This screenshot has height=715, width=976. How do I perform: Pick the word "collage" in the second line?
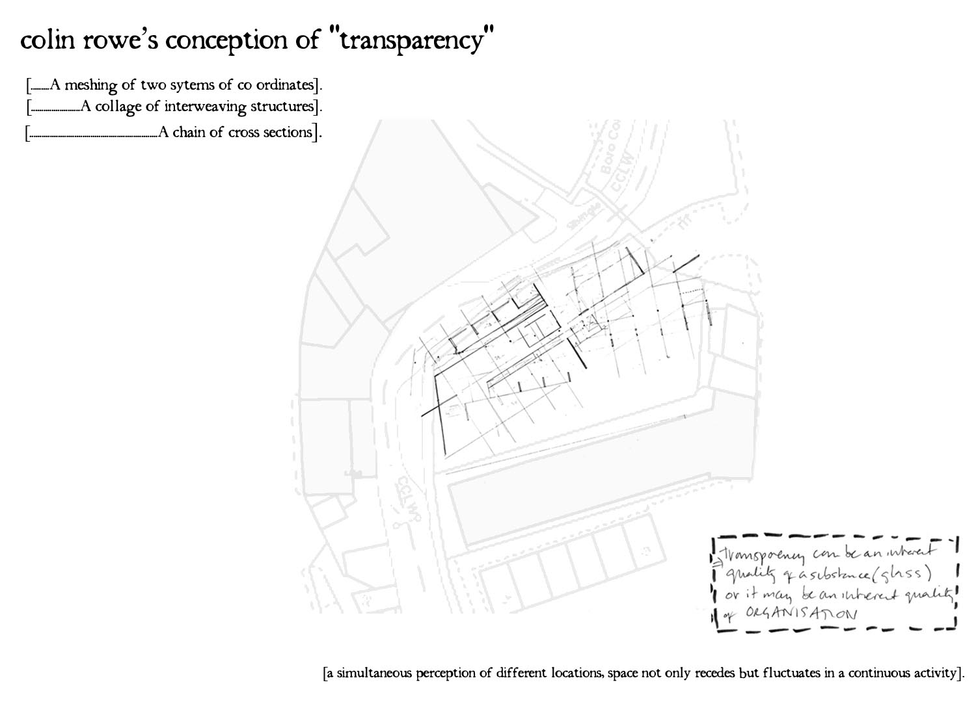point(118,107)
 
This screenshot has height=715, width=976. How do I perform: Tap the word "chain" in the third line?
point(199,132)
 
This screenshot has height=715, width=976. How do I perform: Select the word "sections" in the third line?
point(287,132)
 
